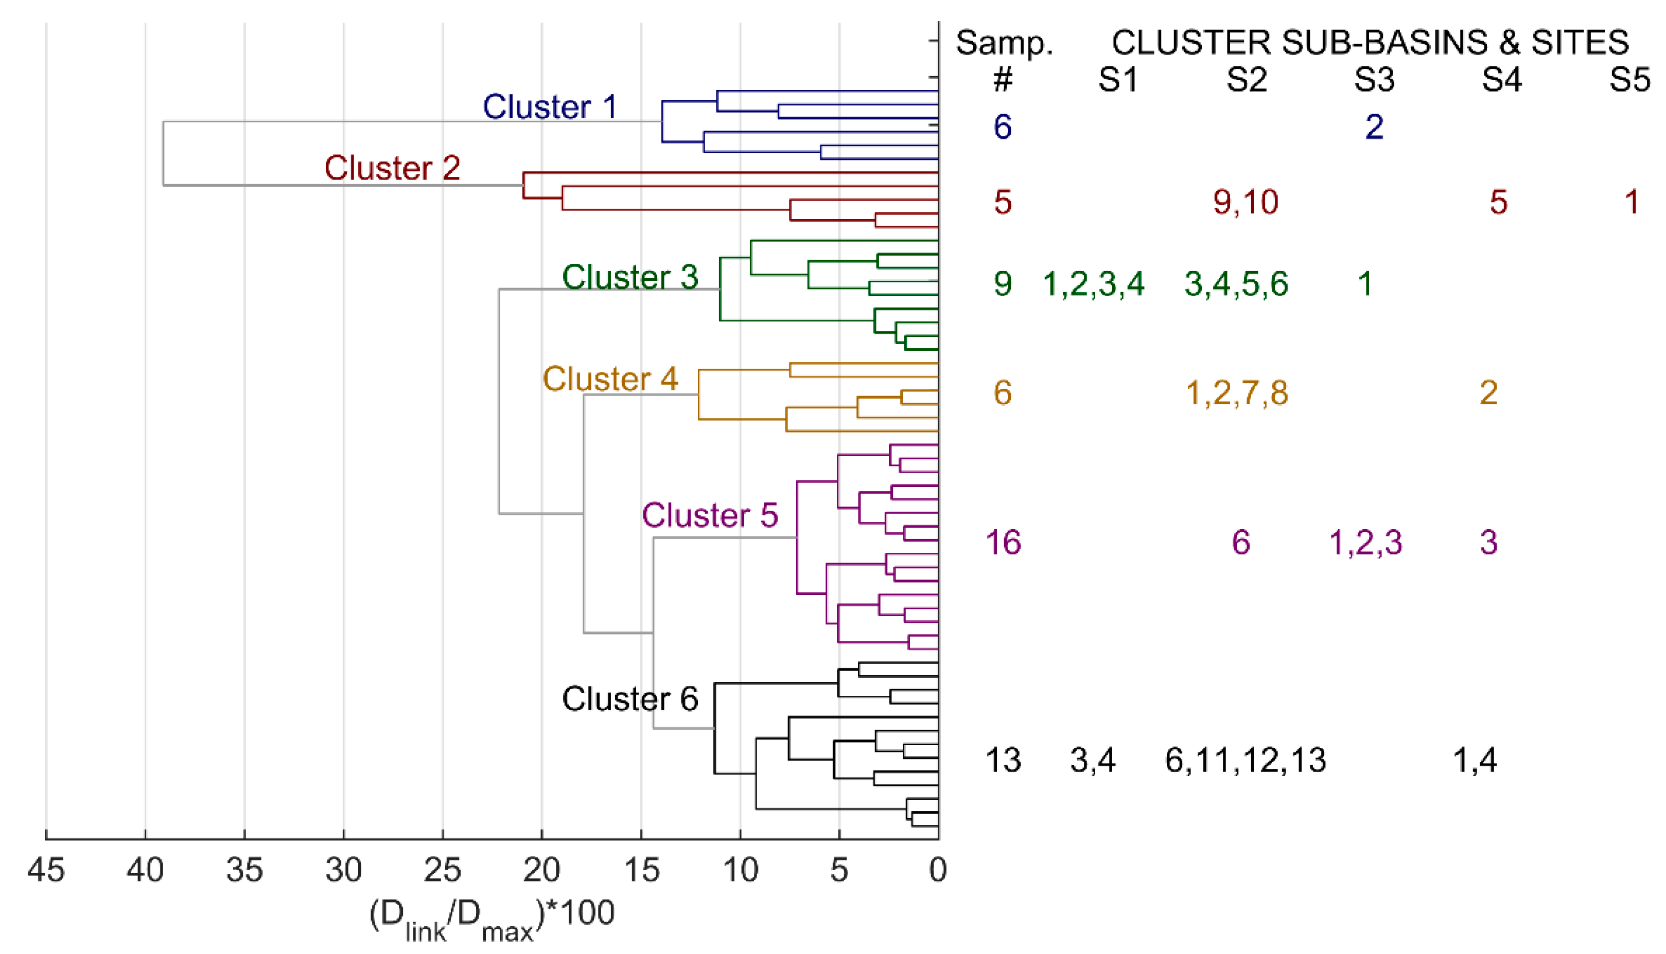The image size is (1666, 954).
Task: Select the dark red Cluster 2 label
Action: (392, 168)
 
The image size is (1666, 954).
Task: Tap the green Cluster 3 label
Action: (630, 277)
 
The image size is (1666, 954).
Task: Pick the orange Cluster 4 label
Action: (610, 379)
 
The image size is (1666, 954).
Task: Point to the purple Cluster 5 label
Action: (710, 515)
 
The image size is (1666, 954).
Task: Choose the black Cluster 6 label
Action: (630, 698)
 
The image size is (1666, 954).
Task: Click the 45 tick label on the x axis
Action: (46, 870)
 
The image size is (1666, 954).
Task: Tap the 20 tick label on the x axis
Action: (541, 870)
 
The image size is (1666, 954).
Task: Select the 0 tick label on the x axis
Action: (938, 870)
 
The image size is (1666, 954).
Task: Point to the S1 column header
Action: (1118, 80)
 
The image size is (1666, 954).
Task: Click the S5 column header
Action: (1630, 80)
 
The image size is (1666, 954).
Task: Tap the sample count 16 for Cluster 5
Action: (1003, 543)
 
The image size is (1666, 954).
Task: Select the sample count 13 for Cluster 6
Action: (1003, 760)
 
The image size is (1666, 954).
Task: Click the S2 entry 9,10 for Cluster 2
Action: (1246, 202)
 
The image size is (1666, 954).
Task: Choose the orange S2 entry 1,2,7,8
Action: (1237, 393)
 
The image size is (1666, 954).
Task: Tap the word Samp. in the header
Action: (1004, 43)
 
